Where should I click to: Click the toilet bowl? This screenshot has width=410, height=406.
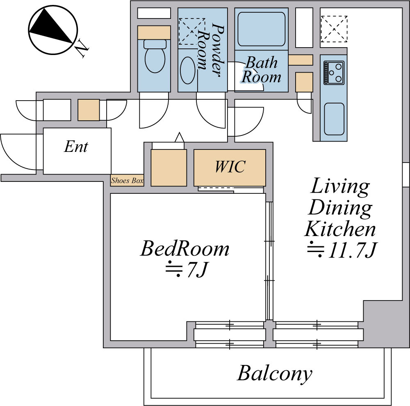pyautogui.click(x=155, y=56)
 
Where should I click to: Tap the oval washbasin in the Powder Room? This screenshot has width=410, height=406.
pyautogui.click(x=188, y=70)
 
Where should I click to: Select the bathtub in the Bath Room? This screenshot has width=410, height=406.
pyautogui.click(x=261, y=29)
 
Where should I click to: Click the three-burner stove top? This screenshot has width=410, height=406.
pyautogui.click(x=334, y=73)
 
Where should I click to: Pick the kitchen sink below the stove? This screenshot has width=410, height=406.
pyautogui.click(x=334, y=119)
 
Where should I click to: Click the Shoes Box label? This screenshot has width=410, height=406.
pyautogui.click(x=127, y=180)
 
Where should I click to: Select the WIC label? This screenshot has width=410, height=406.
pyautogui.click(x=230, y=167)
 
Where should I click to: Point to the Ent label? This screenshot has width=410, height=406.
pyautogui.click(x=76, y=147)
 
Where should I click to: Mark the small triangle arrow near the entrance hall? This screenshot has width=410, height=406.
pyautogui.click(x=180, y=138)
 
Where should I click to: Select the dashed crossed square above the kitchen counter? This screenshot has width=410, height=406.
pyautogui.click(x=334, y=29)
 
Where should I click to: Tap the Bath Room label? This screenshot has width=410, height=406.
pyautogui.click(x=261, y=70)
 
